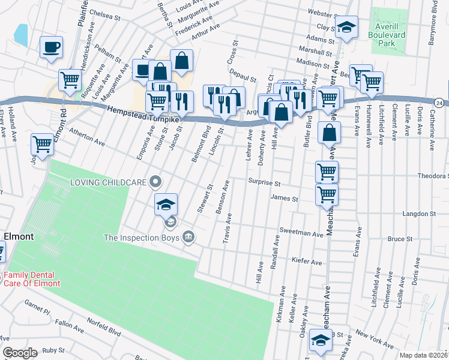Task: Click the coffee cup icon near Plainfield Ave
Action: tap(52, 47)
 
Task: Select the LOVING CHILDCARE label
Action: tap(109, 181)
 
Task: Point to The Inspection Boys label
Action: tap(142, 238)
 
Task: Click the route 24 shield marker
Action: tap(440, 104)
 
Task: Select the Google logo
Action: tap(20, 353)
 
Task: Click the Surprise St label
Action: tap(265, 182)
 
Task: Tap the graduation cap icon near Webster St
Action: tap(346, 27)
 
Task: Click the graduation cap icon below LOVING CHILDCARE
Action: tap(166, 205)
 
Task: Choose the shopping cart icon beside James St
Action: tap(327, 194)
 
